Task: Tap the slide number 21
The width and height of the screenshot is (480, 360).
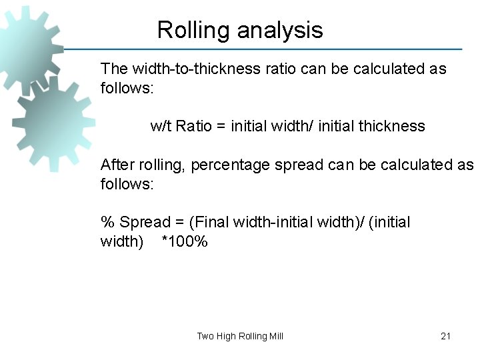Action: pyautogui.click(x=445, y=336)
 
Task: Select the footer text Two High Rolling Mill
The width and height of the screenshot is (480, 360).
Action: pyautogui.click(x=240, y=336)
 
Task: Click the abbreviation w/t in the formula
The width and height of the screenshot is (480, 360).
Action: pyautogui.click(x=161, y=126)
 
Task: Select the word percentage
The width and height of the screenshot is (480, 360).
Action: pyautogui.click(x=231, y=165)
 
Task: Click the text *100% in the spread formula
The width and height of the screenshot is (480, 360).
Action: pyautogui.click(x=185, y=241)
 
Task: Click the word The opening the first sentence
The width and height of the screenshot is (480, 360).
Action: pyautogui.click(x=114, y=69)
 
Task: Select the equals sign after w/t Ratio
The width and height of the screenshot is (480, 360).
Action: pyautogui.click(x=221, y=126)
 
